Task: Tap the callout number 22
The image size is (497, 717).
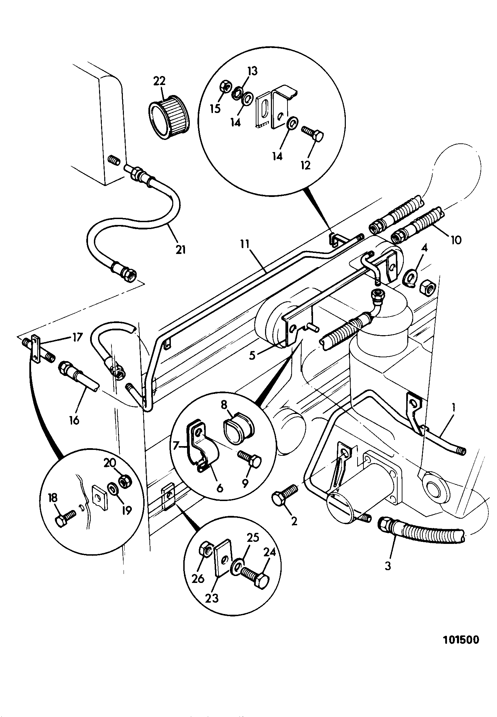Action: click(x=159, y=81)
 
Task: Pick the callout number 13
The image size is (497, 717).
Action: click(x=252, y=71)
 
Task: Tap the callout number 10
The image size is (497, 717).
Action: click(x=456, y=239)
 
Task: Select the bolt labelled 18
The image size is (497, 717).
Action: click(x=66, y=518)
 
